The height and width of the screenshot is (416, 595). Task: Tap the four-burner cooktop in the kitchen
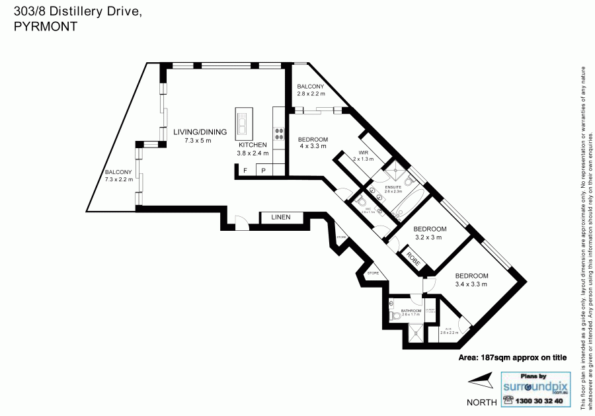coord(279,135)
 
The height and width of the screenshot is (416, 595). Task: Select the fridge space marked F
coord(246,171)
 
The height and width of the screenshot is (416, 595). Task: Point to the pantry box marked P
coord(263,171)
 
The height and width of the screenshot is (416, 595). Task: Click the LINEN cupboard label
coord(280,218)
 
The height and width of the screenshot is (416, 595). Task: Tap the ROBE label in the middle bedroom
coord(414,257)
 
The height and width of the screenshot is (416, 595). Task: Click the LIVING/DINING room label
coord(200,132)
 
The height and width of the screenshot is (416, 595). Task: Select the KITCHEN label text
coord(253,145)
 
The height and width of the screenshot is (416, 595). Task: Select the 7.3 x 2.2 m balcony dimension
coord(119,179)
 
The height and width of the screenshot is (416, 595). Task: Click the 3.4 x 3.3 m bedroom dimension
coord(471,284)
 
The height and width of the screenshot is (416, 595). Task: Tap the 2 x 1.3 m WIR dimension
coord(363,160)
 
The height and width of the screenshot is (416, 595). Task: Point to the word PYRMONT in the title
coord(45,26)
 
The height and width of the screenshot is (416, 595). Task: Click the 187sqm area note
coord(512,358)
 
